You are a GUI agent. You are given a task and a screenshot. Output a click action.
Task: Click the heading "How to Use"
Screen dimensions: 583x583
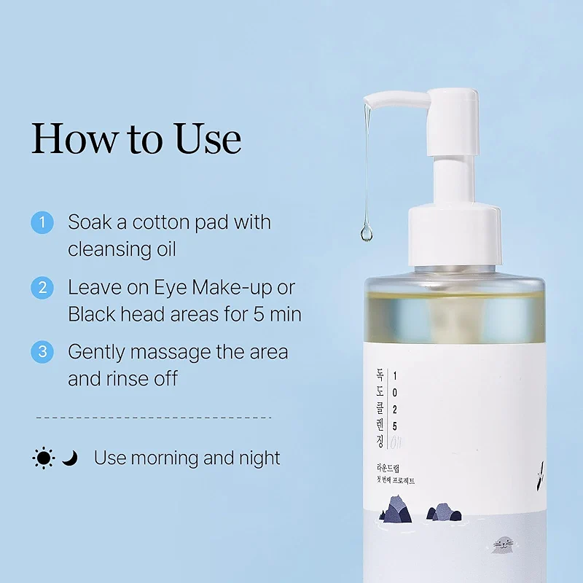(x=136, y=138)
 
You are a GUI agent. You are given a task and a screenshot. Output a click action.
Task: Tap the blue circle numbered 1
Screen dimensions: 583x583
(x=42, y=222)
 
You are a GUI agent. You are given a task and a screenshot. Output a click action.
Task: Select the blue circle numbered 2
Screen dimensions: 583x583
(x=42, y=287)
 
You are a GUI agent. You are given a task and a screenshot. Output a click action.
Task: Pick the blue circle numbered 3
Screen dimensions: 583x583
(x=42, y=352)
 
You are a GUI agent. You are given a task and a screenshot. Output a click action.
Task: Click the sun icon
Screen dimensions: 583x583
(x=44, y=458)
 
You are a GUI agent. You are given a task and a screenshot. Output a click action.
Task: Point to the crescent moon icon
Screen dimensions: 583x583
(x=69, y=458)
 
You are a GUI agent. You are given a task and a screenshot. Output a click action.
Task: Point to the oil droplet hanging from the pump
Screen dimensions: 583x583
(x=366, y=232)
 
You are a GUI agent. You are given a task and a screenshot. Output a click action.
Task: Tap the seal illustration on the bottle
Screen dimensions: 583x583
(x=502, y=543)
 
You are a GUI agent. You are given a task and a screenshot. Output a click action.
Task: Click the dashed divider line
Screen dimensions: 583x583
(x=153, y=418)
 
